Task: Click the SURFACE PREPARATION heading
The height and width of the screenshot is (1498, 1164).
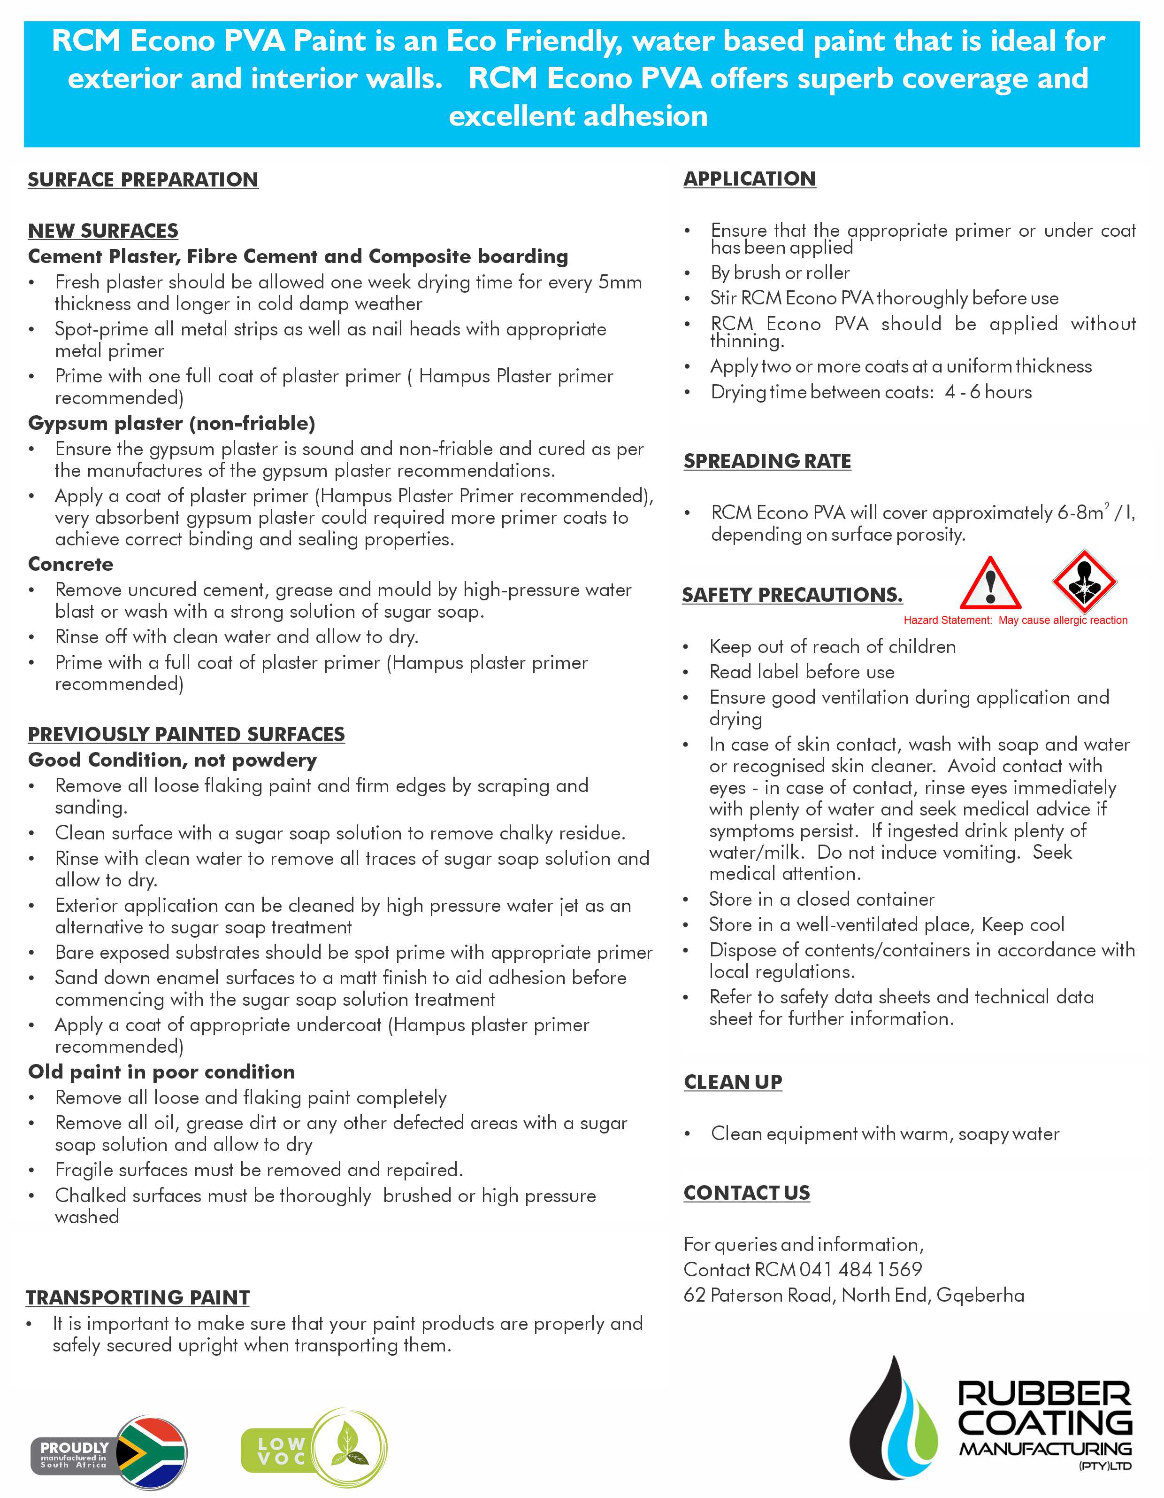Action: (143, 180)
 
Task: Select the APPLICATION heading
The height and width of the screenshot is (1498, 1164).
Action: (749, 179)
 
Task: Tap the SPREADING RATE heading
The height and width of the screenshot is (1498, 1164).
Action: (767, 461)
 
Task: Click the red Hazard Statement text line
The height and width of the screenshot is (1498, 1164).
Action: (1015, 620)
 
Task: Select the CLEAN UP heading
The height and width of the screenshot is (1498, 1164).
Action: (733, 1082)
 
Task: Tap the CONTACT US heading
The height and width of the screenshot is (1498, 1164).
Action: (747, 1193)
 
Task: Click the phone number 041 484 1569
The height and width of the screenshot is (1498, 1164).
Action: (860, 1270)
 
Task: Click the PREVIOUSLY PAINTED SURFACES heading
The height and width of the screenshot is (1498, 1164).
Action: (186, 735)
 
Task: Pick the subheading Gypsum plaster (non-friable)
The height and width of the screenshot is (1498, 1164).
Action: (171, 423)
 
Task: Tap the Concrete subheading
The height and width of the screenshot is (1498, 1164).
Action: (70, 564)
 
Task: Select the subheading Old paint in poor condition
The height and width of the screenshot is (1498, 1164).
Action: (161, 1072)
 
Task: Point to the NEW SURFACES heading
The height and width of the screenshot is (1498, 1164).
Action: (103, 231)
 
